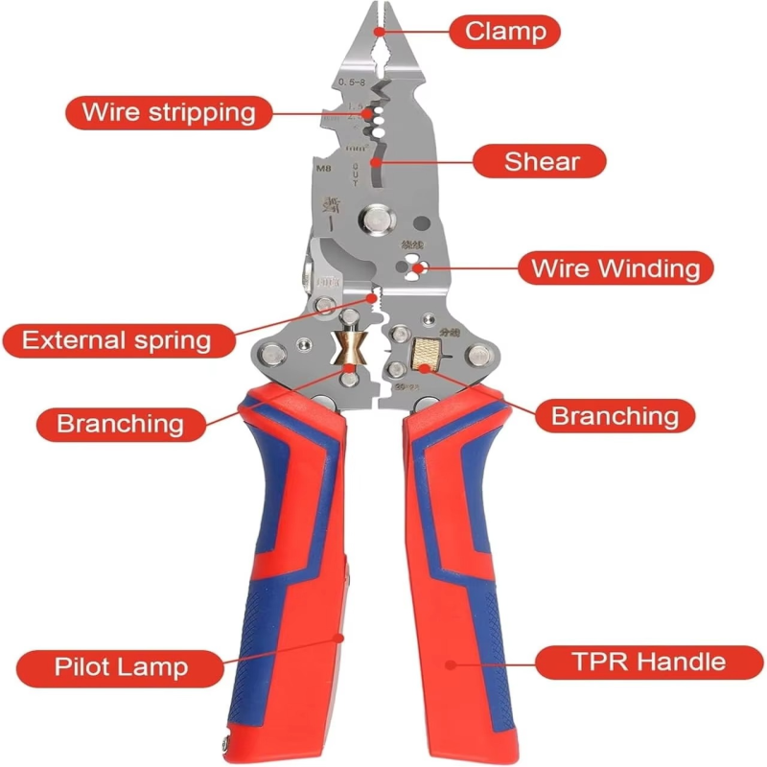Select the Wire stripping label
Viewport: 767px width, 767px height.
(x=168, y=112)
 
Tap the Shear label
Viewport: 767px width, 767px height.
(x=541, y=160)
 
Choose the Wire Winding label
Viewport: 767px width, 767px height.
(x=616, y=267)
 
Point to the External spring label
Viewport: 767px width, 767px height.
(x=116, y=339)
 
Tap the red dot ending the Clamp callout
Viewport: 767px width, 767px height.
(x=380, y=31)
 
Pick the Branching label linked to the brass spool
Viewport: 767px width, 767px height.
(x=120, y=422)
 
